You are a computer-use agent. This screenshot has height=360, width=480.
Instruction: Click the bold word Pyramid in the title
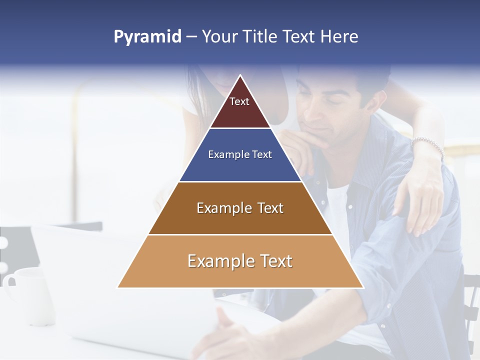coord(147,37)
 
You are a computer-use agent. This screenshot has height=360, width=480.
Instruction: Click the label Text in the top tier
coord(239,101)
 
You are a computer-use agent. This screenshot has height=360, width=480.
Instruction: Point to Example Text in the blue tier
coord(240,154)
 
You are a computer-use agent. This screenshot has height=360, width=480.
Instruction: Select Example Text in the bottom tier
coord(240,261)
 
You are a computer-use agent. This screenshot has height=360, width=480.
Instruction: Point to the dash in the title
coord(191,37)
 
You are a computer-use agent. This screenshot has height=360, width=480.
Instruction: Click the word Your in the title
coord(220,37)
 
